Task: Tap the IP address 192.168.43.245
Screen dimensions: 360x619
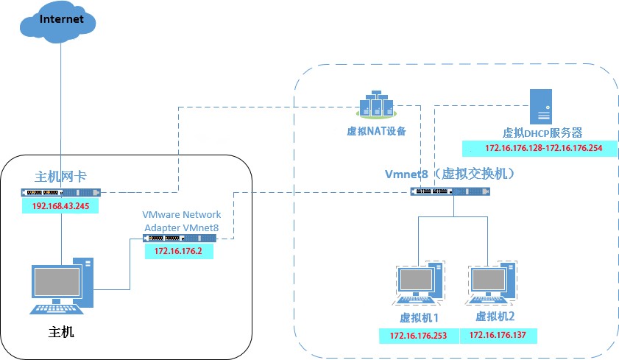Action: coord(61,206)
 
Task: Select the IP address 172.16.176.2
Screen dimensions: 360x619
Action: coord(178,251)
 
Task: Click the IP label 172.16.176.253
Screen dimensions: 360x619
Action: coord(419,336)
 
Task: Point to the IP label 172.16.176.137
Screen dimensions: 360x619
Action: coord(499,336)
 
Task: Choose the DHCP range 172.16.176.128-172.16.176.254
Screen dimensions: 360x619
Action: coord(543,148)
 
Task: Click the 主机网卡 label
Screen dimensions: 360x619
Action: coord(61,177)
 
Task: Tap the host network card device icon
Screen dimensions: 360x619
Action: coord(61,193)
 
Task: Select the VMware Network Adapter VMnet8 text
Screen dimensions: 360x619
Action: coord(181,221)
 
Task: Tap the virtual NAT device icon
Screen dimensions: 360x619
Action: coord(376,106)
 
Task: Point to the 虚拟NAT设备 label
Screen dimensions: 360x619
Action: coord(376,132)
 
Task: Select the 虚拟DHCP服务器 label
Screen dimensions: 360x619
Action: coord(542,133)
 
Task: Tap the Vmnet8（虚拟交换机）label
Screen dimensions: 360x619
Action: coord(449,174)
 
